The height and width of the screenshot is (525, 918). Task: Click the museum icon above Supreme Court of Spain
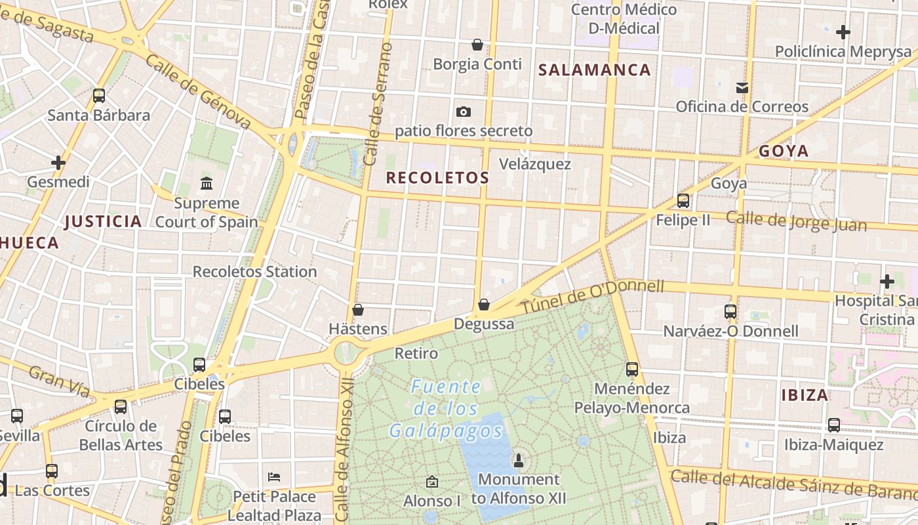(x=207, y=182)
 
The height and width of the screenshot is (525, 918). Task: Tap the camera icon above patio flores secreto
(x=464, y=112)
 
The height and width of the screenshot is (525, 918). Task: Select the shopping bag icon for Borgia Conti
(x=477, y=45)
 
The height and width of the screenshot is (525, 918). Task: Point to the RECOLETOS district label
(x=437, y=177)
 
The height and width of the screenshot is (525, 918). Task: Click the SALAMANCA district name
(x=595, y=70)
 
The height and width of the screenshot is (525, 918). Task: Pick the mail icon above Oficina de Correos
(x=742, y=87)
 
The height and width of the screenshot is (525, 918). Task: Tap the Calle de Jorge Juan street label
(x=796, y=221)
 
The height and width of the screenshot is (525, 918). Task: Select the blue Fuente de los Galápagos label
(x=446, y=409)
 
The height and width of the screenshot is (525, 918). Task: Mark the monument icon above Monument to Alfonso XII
(x=519, y=460)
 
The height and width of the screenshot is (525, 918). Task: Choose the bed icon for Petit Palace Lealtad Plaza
(x=275, y=476)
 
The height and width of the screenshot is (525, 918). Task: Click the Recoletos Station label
(x=254, y=271)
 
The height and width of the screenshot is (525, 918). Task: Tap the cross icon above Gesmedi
(x=58, y=162)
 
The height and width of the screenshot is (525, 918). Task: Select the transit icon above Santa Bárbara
(x=99, y=96)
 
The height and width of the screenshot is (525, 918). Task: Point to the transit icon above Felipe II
(x=683, y=201)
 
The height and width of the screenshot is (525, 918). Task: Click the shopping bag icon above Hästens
(x=358, y=310)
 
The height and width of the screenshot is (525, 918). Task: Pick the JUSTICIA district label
(x=103, y=221)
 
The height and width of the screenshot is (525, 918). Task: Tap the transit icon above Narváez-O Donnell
(x=730, y=312)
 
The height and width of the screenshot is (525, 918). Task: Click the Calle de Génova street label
(x=199, y=91)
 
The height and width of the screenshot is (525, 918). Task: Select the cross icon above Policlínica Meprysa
(x=843, y=31)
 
